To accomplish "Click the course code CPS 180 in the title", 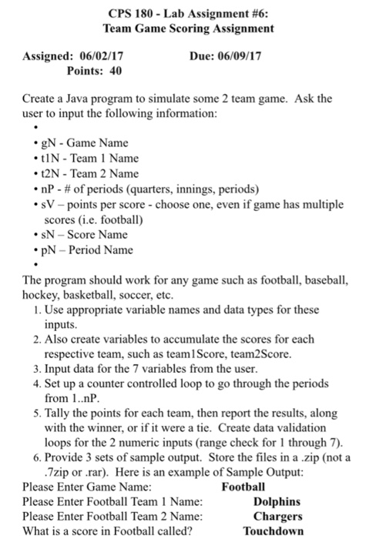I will (x=126, y=14).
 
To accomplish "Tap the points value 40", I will (x=118, y=71).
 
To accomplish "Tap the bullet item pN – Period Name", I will (x=88, y=249).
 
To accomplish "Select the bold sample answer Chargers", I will (x=277, y=516).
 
